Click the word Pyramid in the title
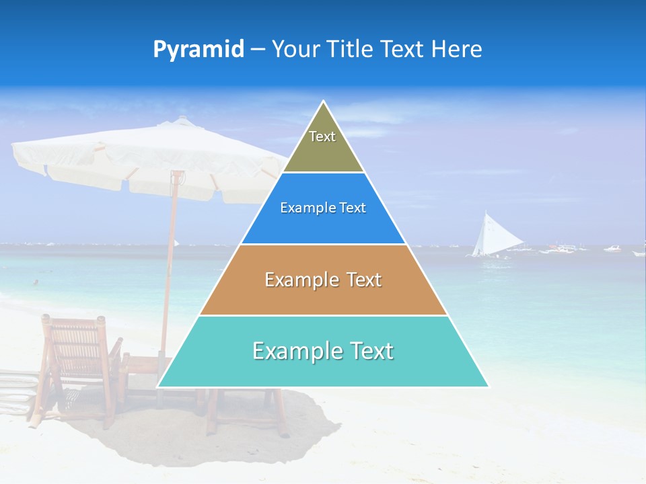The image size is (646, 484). [198, 50]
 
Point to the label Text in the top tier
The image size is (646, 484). [322, 136]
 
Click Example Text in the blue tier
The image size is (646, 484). [323, 208]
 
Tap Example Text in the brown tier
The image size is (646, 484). [323, 280]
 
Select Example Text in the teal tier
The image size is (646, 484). [323, 351]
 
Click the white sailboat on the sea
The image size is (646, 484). [489, 235]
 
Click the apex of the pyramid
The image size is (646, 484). [324, 103]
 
